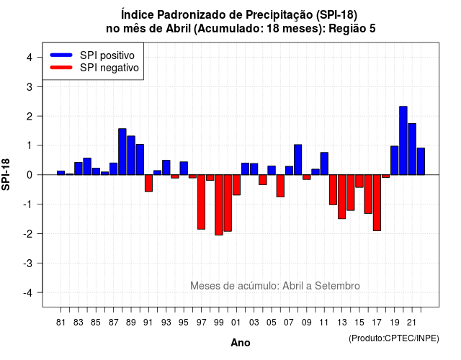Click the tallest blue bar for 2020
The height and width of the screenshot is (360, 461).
[403, 140]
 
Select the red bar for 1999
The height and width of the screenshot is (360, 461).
[219, 204]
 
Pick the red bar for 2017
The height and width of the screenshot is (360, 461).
[377, 203]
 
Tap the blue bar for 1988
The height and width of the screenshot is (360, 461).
[122, 152]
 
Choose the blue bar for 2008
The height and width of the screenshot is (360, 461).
[297, 160]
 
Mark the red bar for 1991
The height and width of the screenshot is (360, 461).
[149, 183]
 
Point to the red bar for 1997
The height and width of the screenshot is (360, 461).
[202, 202]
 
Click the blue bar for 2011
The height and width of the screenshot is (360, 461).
[324, 163]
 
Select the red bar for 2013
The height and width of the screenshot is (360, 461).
[341, 197]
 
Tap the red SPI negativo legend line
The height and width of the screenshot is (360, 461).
[61, 67]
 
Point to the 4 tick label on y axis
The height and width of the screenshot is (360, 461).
[30, 58]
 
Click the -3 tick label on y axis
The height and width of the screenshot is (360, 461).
[28, 263]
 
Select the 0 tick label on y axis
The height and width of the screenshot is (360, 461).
[30, 175]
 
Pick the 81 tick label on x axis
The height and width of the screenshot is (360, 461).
[61, 323]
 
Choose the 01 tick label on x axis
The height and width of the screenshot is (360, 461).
[236, 323]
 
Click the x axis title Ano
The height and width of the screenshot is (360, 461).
[241, 343]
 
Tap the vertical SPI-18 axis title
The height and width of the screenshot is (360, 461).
[6, 174]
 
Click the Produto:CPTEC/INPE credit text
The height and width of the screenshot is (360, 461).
[394, 338]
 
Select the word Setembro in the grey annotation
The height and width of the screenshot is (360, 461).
[337, 286]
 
